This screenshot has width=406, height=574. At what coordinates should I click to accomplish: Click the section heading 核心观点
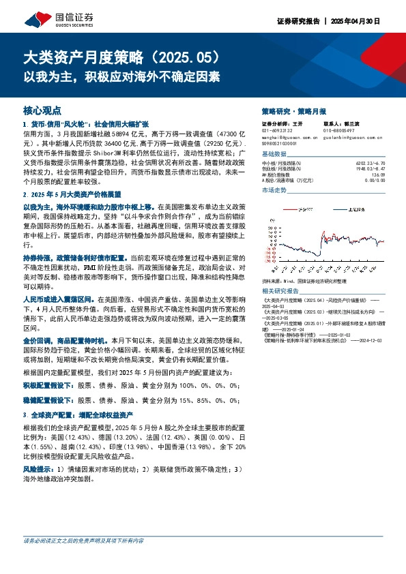tap(42, 109)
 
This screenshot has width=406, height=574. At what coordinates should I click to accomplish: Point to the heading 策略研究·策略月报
tap(294, 110)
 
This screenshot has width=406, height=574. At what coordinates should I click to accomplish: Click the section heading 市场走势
tap(275, 190)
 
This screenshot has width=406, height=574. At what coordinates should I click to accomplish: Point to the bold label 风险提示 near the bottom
tap(38, 469)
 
